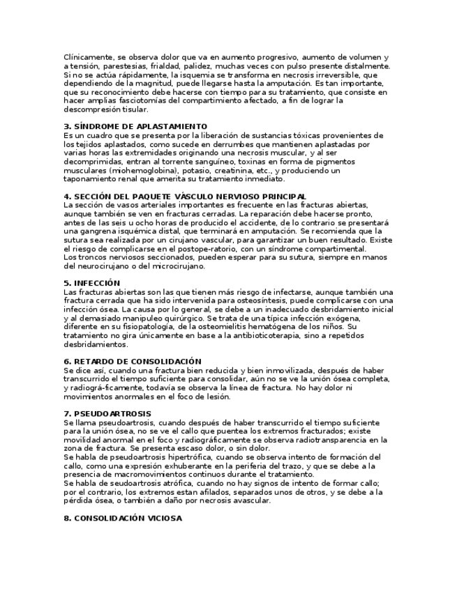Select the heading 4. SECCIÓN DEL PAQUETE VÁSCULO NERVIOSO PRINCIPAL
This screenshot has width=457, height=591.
[x=184, y=197]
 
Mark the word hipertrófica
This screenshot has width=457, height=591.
[x=178, y=457]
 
